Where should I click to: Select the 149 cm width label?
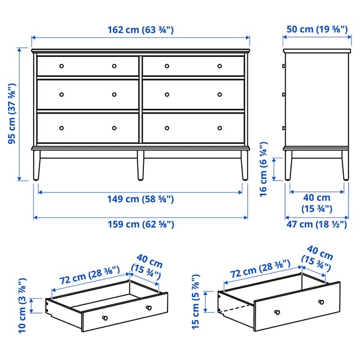coord(141,199)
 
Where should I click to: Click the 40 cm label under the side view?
coord(317,203)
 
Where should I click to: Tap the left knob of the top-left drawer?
coord(61,66)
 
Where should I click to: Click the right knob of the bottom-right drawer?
coord(219,128)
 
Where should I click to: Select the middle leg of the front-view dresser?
coord(140,164)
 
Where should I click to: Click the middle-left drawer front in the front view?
coord(88,95)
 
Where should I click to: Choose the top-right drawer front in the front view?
coord(194,66)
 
